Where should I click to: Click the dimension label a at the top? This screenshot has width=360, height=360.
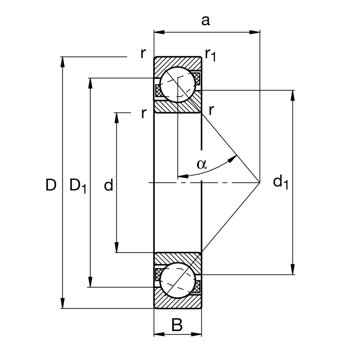click(x=205, y=21)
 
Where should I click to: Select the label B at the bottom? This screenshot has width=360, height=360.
click(x=177, y=324)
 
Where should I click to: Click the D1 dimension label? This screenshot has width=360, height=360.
click(x=77, y=185)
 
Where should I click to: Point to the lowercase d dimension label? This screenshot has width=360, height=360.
click(x=108, y=185)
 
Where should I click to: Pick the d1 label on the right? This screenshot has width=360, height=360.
click(x=281, y=182)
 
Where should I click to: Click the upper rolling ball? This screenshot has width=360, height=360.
click(x=178, y=85)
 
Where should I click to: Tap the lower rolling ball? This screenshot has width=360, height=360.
click(x=178, y=280)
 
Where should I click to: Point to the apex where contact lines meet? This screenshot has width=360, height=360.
click(x=260, y=182)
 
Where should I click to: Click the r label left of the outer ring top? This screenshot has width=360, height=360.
click(x=143, y=53)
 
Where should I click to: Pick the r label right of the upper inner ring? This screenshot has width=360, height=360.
click(x=211, y=109)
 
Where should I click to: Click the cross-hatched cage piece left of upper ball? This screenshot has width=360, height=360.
click(x=158, y=90)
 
